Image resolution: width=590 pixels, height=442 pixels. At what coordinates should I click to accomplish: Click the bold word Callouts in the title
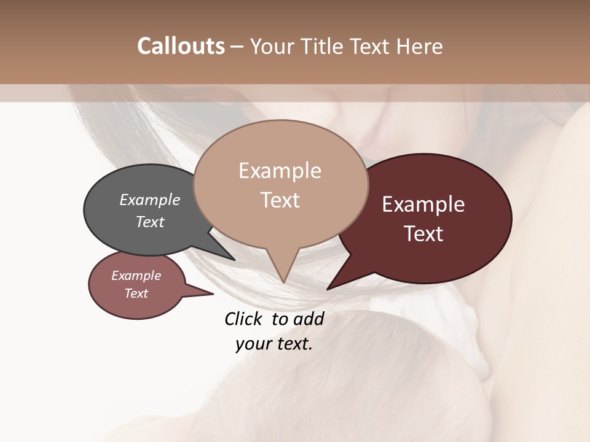click(x=181, y=46)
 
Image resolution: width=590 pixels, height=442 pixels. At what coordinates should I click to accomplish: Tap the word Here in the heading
click(x=420, y=46)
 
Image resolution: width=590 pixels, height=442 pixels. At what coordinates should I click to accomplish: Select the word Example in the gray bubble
click(x=150, y=200)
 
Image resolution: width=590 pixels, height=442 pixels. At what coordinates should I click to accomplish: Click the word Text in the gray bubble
click(x=150, y=222)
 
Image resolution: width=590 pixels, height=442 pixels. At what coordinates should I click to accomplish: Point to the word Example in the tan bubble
click(x=280, y=171)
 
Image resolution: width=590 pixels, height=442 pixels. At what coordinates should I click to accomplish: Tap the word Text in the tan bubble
click(x=280, y=200)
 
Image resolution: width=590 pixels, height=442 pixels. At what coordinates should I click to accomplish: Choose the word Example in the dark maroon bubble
click(x=423, y=204)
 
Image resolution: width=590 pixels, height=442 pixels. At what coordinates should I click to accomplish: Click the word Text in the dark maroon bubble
click(x=423, y=234)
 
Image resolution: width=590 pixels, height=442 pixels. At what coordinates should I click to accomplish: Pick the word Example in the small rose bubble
click(x=136, y=276)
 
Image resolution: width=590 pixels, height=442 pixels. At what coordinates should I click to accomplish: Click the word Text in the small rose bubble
click(x=136, y=293)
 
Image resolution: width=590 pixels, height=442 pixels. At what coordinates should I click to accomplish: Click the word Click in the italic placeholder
click(x=245, y=319)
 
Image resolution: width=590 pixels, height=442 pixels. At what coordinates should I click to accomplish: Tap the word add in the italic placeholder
click(x=309, y=319)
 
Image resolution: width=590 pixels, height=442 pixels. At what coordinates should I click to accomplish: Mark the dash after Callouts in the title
click(x=238, y=46)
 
